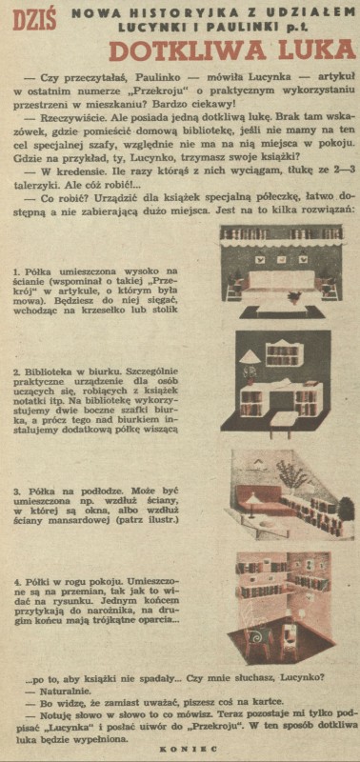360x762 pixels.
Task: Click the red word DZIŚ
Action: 34,21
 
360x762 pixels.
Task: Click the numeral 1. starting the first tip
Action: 17,271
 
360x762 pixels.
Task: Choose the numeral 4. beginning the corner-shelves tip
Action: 17,582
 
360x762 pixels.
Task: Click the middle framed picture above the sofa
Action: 282,260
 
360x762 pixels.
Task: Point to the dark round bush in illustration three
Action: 346,508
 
